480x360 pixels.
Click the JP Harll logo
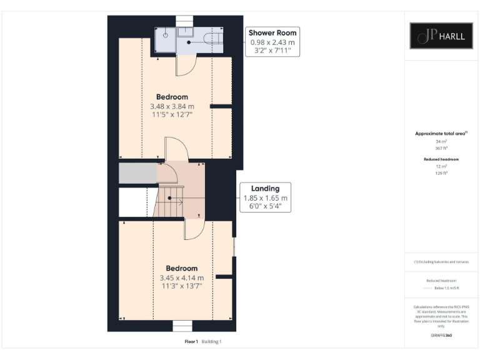click(x=441, y=36)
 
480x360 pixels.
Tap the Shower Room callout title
click(x=272, y=32)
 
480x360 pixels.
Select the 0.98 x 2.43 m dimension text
click(x=272, y=42)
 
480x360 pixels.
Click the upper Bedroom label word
click(x=172, y=97)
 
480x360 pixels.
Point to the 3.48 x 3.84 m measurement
click(x=172, y=106)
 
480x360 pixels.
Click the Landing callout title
click(x=265, y=188)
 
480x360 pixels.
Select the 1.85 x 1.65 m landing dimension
click(x=265, y=198)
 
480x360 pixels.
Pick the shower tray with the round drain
click(x=165, y=36)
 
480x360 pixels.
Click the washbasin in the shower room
click(x=186, y=32)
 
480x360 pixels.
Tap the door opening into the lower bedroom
click(x=193, y=229)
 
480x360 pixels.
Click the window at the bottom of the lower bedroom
click(x=182, y=326)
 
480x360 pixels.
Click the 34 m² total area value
click(x=441, y=142)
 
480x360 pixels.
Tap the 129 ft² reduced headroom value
click(x=441, y=173)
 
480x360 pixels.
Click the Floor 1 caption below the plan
click(x=191, y=342)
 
